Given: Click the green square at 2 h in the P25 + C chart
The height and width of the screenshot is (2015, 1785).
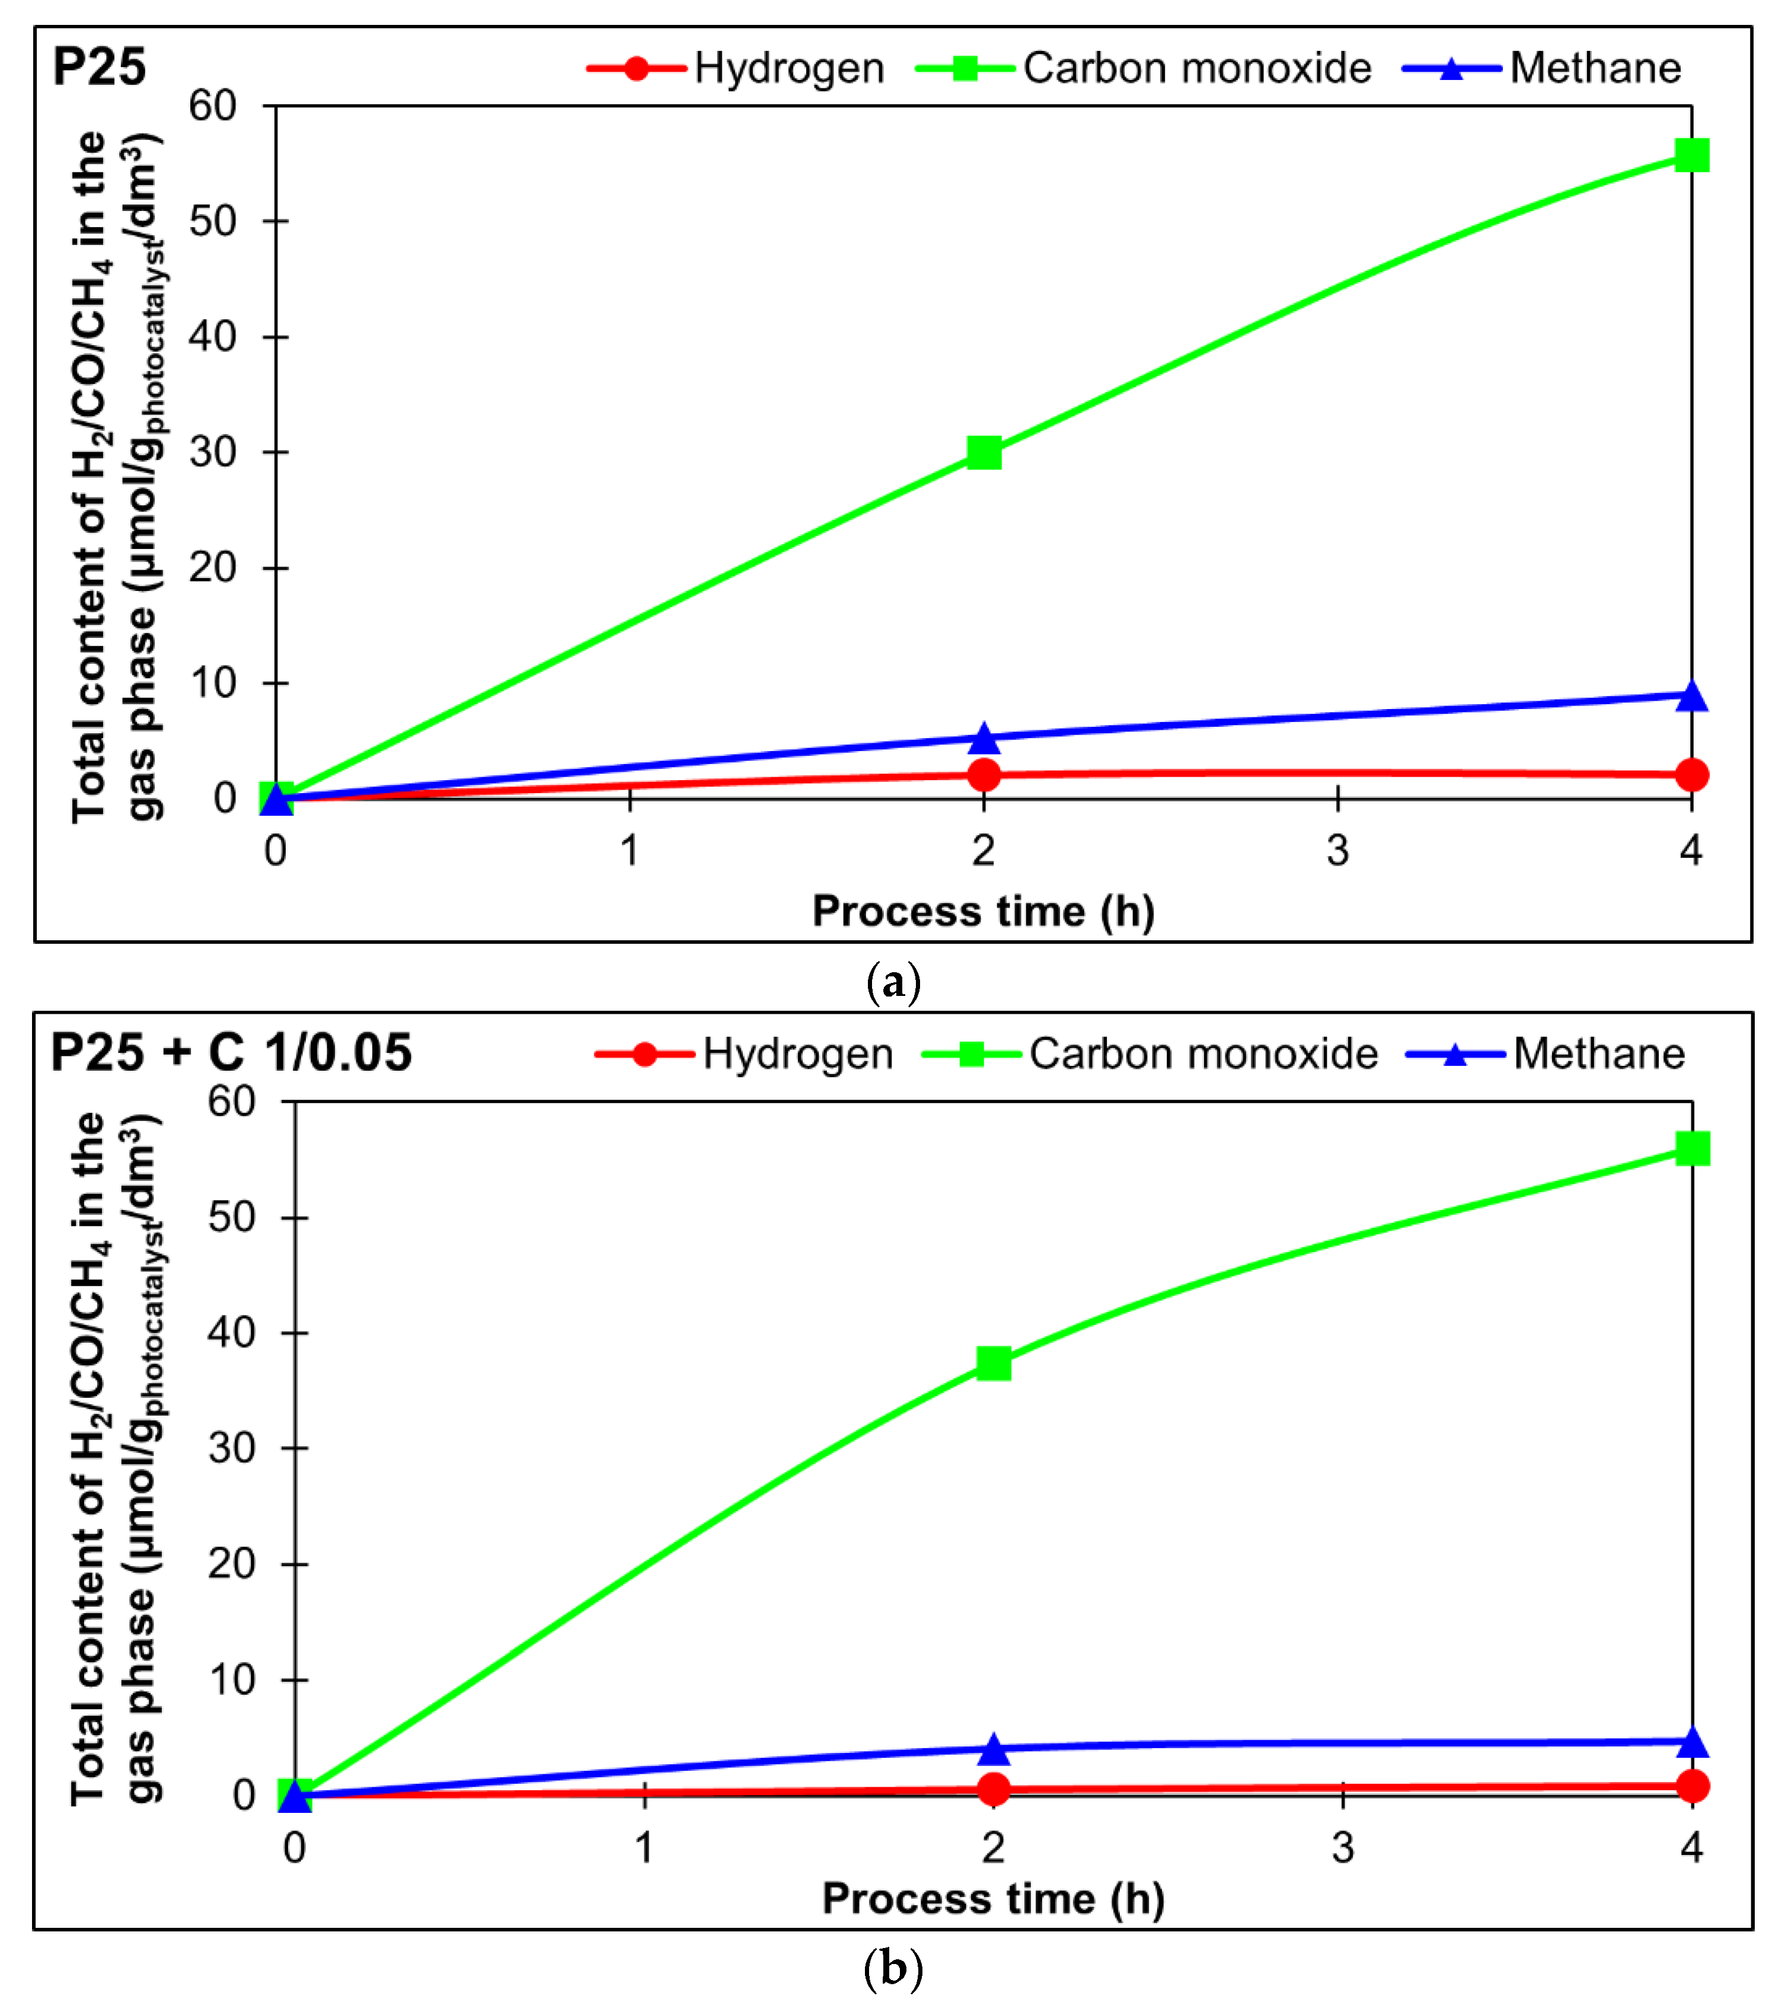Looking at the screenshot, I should click(994, 1363).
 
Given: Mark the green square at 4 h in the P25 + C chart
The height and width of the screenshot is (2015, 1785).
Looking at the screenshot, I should click(1693, 1148).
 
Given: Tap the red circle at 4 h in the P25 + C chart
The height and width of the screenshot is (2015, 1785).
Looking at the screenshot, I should click(1693, 1786).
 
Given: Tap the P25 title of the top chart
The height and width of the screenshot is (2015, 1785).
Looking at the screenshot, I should click(98, 67).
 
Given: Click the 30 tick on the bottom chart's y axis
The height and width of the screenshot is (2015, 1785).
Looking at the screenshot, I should click(232, 1448).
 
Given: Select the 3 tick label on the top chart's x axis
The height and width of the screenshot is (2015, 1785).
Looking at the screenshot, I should click(1337, 850).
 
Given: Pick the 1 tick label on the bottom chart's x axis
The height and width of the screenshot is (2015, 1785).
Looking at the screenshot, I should click(644, 1847).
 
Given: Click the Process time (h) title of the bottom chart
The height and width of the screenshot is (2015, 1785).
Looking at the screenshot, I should click(994, 1899).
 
